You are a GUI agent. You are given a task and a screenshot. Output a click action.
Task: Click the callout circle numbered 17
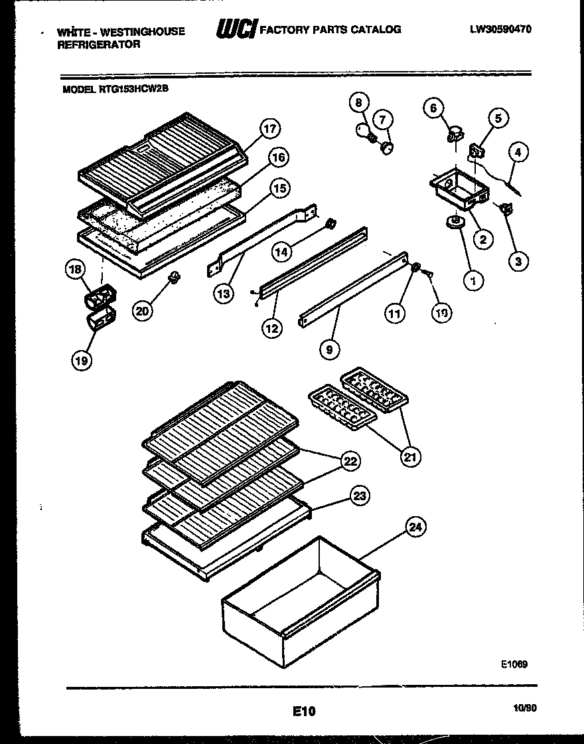point(269,129)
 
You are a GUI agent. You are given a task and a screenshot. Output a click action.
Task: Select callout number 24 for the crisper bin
point(415,527)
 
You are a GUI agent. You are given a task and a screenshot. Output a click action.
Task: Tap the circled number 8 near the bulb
point(358,103)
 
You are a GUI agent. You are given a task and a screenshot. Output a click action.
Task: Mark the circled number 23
point(360,496)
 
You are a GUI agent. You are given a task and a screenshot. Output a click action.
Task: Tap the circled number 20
point(142,310)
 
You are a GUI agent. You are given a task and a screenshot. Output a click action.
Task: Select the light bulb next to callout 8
point(364,130)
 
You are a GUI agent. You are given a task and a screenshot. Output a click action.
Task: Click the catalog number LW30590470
point(501,30)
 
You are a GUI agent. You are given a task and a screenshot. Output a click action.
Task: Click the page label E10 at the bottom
point(303,711)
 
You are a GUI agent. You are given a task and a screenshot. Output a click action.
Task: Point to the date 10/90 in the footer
point(525,709)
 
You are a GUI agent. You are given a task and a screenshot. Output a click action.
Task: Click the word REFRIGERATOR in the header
point(99,45)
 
